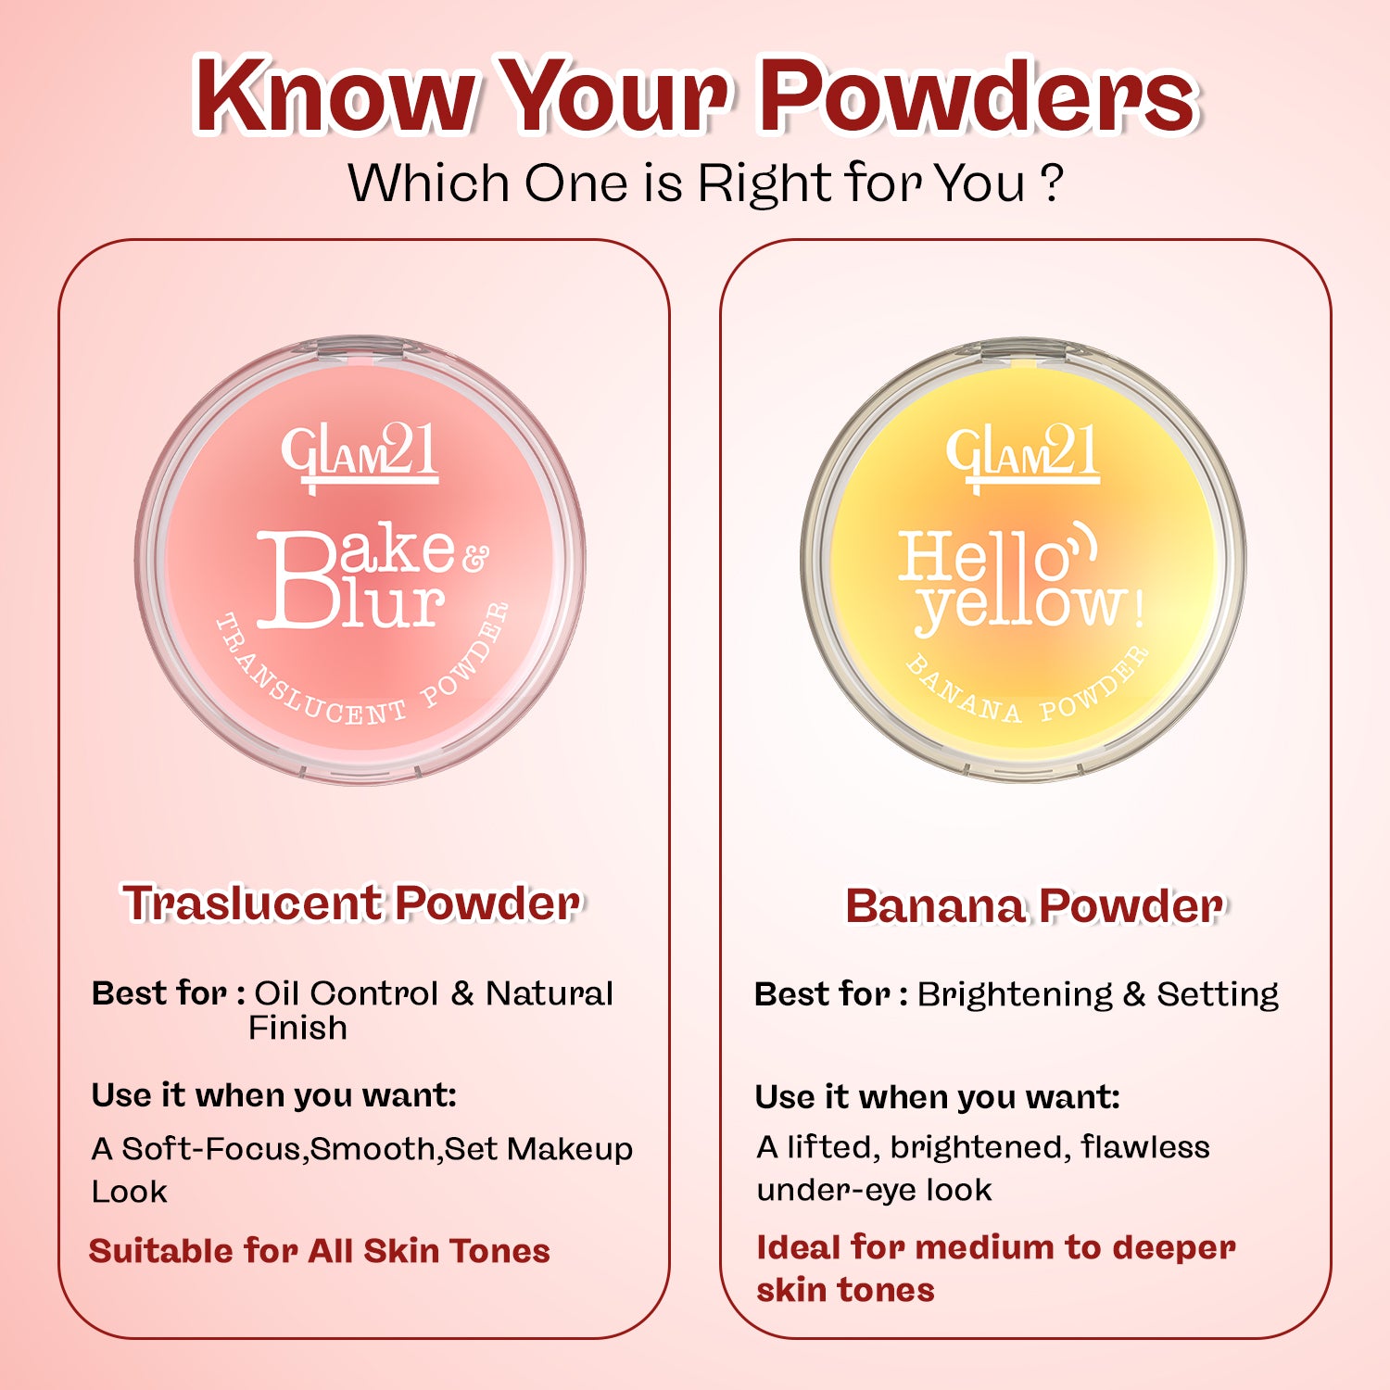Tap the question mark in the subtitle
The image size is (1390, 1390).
click(x=1051, y=183)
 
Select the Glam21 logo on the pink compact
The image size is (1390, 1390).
click(x=360, y=455)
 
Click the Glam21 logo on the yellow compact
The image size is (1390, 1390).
click(x=1023, y=455)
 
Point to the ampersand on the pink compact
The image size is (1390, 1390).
click(x=474, y=558)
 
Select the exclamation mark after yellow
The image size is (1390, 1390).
click(x=1139, y=608)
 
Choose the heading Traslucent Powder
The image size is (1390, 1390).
click(x=352, y=903)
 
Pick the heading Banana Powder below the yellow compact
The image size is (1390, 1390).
click(x=1033, y=906)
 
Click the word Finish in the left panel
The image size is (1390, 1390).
click(x=297, y=1028)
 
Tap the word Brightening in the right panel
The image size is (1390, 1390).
click(x=1015, y=994)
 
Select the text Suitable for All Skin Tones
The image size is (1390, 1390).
click(x=320, y=1251)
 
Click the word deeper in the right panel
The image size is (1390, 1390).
click(x=1173, y=1248)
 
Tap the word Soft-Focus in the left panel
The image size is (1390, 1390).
click(x=212, y=1149)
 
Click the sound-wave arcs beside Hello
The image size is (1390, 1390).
click(x=1084, y=542)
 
